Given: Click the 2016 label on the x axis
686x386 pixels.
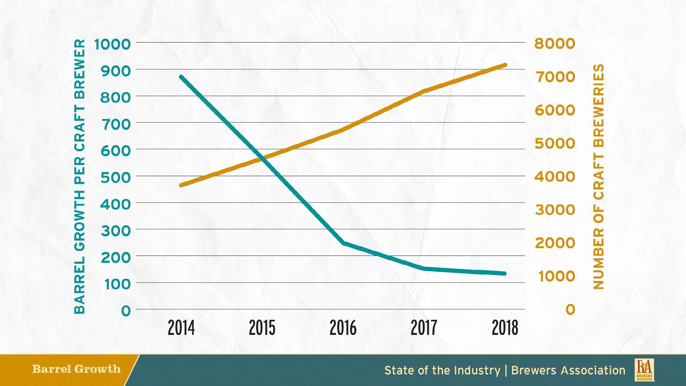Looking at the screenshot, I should pyautogui.click(x=343, y=328).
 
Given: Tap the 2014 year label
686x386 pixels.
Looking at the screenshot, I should pyautogui.click(x=181, y=328).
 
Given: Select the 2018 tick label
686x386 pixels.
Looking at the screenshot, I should pyautogui.click(x=505, y=328).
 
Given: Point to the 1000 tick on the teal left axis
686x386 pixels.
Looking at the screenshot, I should pyautogui.click(x=112, y=44).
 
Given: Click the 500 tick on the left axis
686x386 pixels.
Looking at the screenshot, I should pyautogui.click(x=116, y=177).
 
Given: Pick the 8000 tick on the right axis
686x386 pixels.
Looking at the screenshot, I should pyautogui.click(x=555, y=43).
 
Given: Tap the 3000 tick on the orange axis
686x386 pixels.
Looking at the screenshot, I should pyautogui.click(x=555, y=210).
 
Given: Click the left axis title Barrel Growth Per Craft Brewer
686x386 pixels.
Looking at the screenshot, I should pyautogui.click(x=79, y=176).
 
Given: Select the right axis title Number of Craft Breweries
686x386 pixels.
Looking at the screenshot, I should pyautogui.click(x=598, y=176).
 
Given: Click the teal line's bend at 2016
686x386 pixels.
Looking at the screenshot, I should pyautogui.click(x=343, y=243).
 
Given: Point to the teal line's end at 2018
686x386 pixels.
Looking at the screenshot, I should pyautogui.click(x=504, y=273).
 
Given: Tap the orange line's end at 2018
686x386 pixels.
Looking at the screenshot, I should pyautogui.click(x=505, y=65).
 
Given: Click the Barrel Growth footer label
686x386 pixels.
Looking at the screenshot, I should pyautogui.click(x=76, y=369).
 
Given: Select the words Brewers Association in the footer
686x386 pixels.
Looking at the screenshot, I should pyautogui.click(x=568, y=370).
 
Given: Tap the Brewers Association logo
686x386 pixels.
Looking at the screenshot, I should pyautogui.click(x=644, y=370).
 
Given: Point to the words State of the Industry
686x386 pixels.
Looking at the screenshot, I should pyautogui.click(x=442, y=370).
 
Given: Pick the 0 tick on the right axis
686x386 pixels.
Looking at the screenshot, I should pyautogui.click(x=570, y=310).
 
